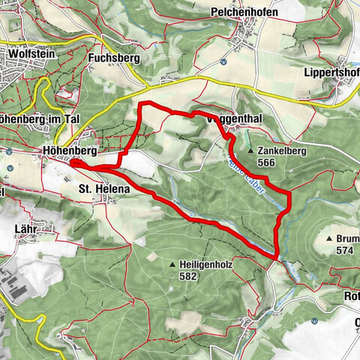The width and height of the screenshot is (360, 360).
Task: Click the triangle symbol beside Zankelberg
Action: (x=250, y=150)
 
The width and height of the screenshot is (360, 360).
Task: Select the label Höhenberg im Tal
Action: (x=30, y=118)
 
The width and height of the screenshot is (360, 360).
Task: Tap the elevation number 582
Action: (x=187, y=277)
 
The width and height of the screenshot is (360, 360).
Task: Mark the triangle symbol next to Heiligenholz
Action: (x=173, y=265)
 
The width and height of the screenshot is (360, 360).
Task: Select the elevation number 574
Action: (x=345, y=250)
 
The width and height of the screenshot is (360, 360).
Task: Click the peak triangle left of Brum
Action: (x=329, y=238)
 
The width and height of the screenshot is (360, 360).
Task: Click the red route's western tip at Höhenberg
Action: (x=73, y=161)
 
